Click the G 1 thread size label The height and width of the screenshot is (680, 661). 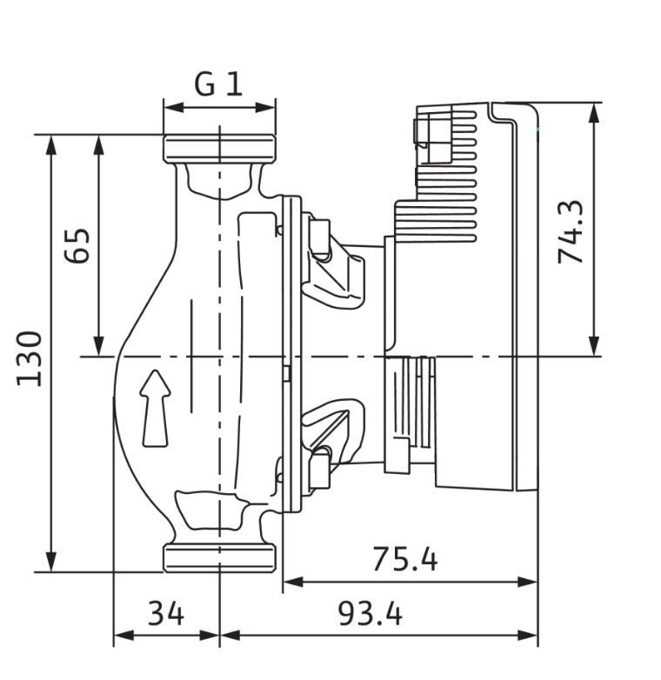point(218,84)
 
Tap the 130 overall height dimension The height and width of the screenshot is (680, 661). point(30,358)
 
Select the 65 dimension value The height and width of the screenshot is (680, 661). point(77,245)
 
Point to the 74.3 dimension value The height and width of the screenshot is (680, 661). point(571,232)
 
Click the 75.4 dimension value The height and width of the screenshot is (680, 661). point(405,559)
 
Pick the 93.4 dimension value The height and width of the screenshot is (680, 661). point(371,614)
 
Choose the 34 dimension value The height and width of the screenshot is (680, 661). point(165,614)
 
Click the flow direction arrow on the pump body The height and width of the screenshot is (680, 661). point(155,408)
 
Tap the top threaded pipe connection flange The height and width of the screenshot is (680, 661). point(219,149)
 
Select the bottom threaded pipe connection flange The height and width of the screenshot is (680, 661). point(219,558)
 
